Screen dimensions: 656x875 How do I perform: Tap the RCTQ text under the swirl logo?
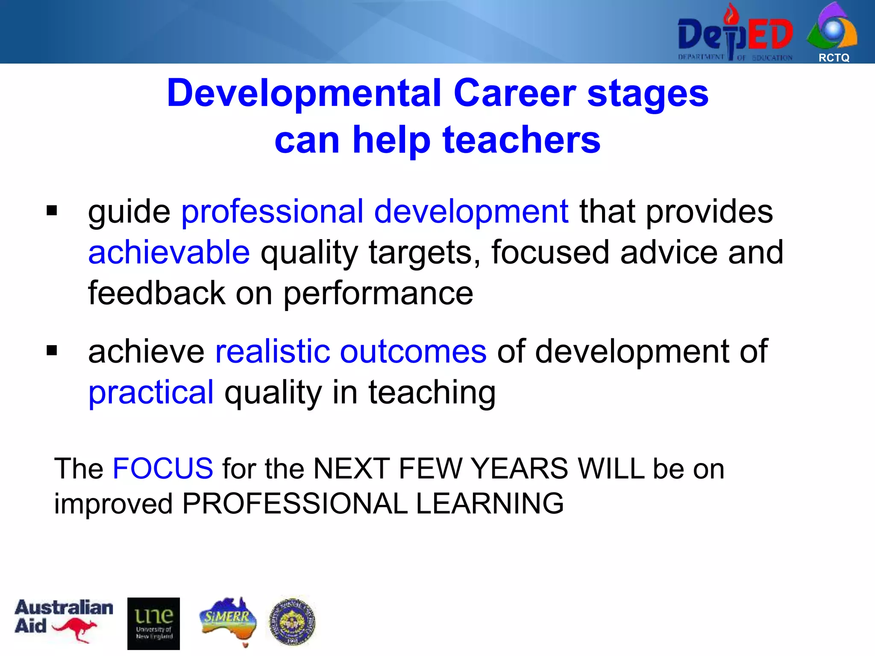pos(834,58)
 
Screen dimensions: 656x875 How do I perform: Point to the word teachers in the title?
pos(522,140)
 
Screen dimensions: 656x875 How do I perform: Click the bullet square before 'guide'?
pos(52,211)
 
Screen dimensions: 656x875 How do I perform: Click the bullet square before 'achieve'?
pos(52,351)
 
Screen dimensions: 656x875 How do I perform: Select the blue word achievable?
pos(169,252)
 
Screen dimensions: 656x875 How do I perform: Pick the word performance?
pos(378,294)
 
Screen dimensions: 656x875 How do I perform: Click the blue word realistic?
pos(273,351)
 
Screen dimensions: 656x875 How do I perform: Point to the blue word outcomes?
pos(413,351)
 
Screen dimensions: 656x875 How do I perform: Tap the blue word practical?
pos(151,392)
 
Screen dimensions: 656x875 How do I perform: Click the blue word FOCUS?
pos(162,469)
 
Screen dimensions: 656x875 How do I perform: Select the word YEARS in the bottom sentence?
pos(520,469)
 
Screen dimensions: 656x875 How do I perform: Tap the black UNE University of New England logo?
pos(153,623)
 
